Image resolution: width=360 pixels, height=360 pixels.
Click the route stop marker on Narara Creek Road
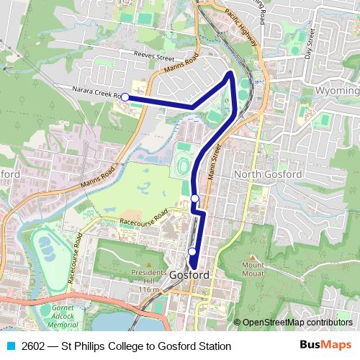click(x=125, y=96)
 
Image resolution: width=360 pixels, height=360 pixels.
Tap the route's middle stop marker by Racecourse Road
click(x=194, y=198)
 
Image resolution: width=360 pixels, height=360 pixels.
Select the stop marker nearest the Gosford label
click(x=192, y=251)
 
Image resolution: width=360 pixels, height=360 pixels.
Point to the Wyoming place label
click(x=337, y=91)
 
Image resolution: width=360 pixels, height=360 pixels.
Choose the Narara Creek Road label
click(x=94, y=92)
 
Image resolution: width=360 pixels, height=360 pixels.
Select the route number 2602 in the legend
click(x=34, y=346)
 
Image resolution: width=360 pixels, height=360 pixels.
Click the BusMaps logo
click(x=325, y=346)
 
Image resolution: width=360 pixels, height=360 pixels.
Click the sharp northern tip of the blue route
click(x=230, y=73)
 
